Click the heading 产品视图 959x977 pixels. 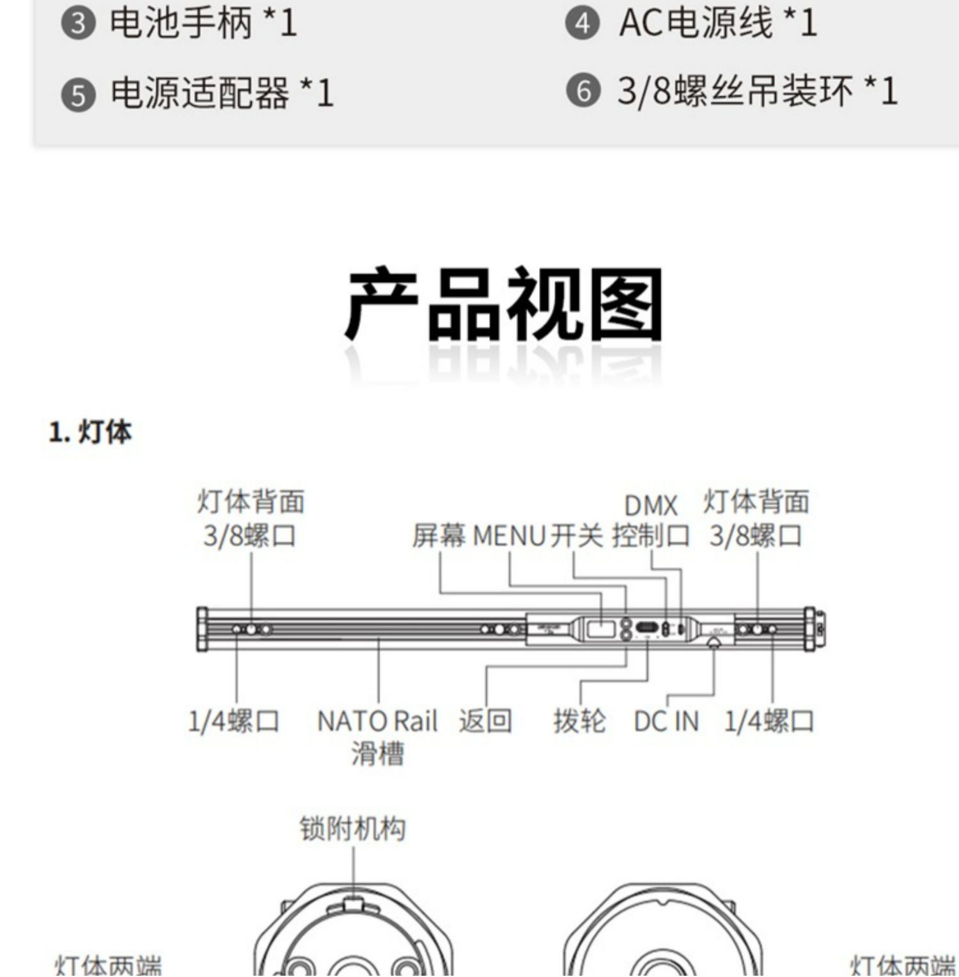tap(504, 306)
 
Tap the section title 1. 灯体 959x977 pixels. tap(90, 433)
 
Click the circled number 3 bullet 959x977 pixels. tap(78, 24)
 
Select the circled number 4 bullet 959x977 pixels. tap(582, 24)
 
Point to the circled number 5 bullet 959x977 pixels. tap(78, 95)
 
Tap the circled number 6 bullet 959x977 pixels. tap(583, 91)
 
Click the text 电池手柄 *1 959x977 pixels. tap(203, 24)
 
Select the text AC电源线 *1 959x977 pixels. tap(718, 24)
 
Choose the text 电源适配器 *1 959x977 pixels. tap(222, 93)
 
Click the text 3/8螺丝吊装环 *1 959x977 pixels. tap(758, 91)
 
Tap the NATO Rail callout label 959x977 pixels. tap(377, 722)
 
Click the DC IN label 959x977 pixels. tap(666, 722)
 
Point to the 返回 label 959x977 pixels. tap(485, 721)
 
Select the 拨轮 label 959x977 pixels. tap(579, 721)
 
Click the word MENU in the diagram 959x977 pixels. tap(509, 536)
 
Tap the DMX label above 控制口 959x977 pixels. tap(650, 506)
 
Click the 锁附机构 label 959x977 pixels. tap(353, 829)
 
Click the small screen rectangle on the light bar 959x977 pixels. tap(600, 628)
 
